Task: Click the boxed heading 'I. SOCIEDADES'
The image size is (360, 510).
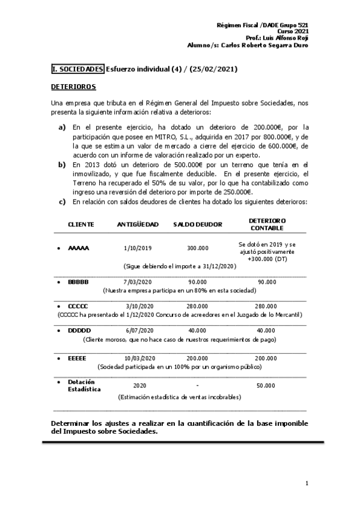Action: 78,69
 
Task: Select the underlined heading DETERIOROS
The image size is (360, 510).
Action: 73,87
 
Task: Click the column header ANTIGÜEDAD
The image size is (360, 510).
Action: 138,224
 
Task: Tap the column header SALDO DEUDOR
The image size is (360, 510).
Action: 198,224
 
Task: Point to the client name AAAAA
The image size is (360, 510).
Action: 78,248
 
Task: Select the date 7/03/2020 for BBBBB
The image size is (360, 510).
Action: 138,281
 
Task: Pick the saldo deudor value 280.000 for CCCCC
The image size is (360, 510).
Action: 198,306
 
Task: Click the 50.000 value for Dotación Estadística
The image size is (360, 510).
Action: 266,386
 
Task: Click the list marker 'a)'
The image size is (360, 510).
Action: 62,127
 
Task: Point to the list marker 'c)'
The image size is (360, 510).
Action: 62,201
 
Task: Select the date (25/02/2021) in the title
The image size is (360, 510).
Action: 213,69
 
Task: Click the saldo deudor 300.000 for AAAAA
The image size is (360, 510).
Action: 198,248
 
